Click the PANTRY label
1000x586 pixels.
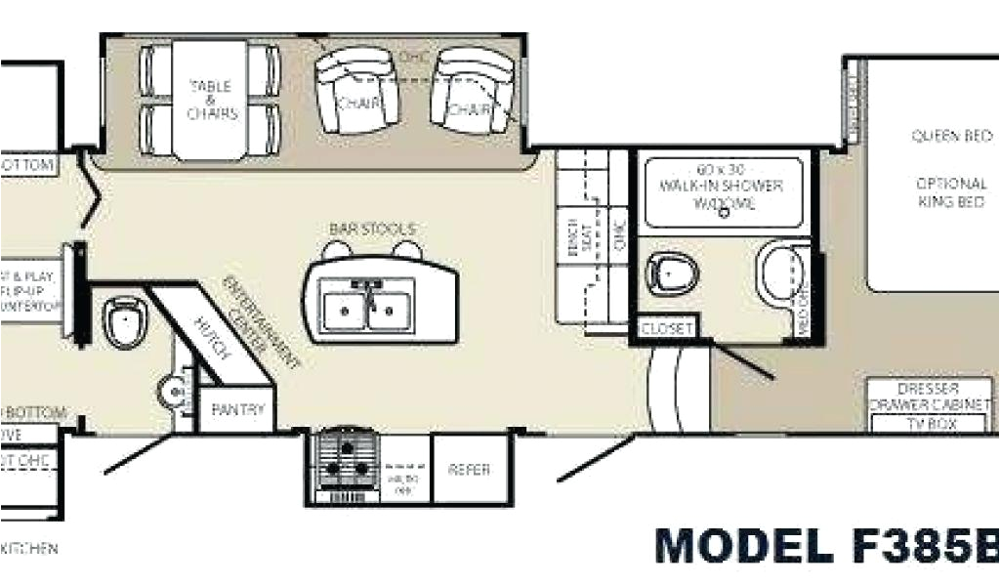coord(237,410)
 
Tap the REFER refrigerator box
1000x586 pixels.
coord(469,470)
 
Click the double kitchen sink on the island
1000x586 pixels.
coord(369,304)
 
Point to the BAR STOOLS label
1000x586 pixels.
coord(372,229)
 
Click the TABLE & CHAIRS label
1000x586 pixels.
coord(212,101)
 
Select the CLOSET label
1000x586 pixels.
coord(666,329)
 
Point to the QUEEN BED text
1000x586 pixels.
coord(951,137)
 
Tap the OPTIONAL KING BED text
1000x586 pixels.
coord(951,192)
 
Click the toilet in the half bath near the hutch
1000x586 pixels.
coord(125,322)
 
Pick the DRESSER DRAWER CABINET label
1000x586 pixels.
coord(930,396)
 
